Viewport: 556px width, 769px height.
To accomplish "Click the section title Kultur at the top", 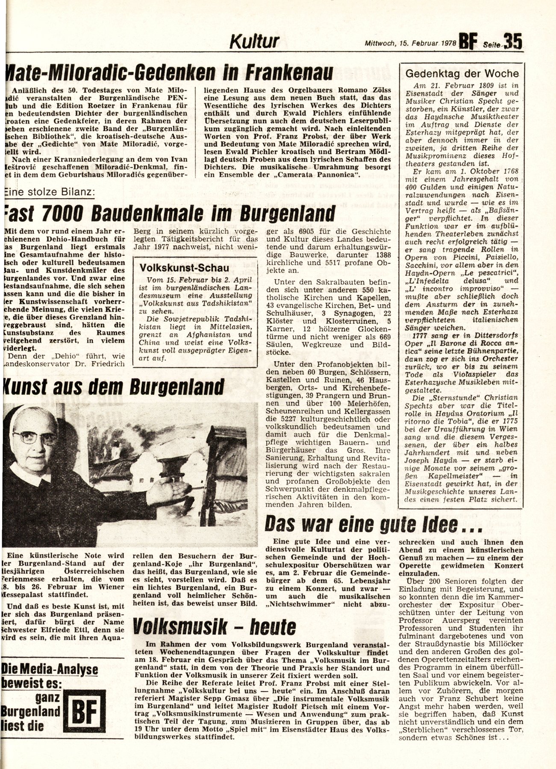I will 255,42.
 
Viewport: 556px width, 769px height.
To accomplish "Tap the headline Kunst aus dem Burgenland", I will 114,387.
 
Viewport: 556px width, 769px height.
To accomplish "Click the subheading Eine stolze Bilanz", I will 49,192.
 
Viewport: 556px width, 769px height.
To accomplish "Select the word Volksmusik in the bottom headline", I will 179,627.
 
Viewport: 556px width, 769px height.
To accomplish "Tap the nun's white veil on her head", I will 30,410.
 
